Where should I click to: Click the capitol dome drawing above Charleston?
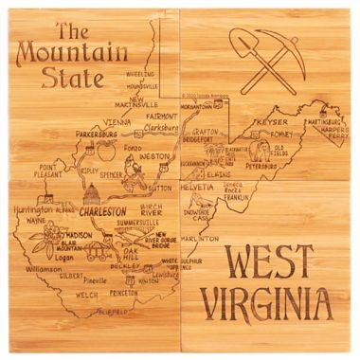(93, 194)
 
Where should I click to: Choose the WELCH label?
(87, 294)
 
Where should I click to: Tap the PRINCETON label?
(151, 294)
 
